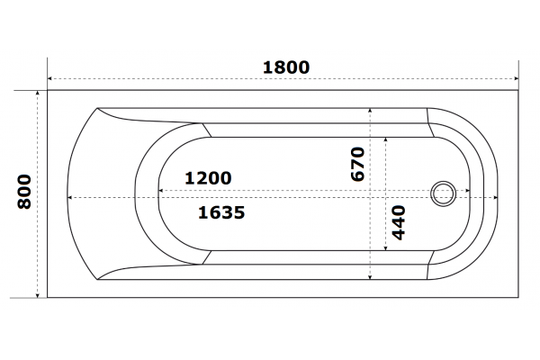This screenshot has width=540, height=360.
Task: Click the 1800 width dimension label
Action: point(286,67)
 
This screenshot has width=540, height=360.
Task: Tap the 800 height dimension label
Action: point(24,192)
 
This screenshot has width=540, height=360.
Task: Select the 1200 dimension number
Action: point(208,178)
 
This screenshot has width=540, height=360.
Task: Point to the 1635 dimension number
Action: point(221,212)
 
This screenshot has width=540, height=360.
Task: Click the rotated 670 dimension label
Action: point(357,164)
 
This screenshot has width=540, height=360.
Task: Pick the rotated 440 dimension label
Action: point(399,222)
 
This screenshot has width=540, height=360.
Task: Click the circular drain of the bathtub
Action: point(443,193)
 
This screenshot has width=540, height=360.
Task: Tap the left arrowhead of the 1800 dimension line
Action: point(49,78)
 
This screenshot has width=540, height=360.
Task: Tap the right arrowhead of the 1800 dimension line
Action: point(516,78)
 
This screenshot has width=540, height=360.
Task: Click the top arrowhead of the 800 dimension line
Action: point(38,93)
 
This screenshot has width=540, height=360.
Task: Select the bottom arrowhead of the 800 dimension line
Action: point(38,295)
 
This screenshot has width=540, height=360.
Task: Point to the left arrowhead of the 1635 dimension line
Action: point(69,197)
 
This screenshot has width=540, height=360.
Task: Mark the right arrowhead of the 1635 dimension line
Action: point(496,197)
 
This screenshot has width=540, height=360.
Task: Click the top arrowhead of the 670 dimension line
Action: point(370,111)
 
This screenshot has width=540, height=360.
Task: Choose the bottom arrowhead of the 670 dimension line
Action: point(370,277)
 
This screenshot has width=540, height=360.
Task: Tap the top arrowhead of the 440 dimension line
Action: point(386,139)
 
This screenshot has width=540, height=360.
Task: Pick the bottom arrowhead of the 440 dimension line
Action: point(386,248)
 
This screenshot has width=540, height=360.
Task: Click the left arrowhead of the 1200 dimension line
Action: point(160,190)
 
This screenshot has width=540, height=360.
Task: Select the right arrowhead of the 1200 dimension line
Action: point(468,190)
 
